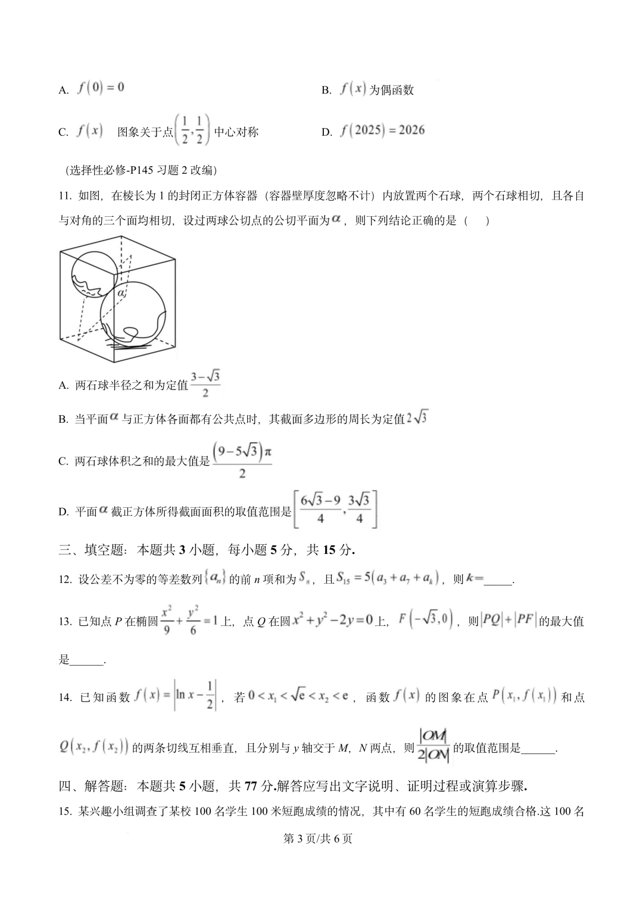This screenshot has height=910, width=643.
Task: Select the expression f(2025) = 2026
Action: (x=382, y=130)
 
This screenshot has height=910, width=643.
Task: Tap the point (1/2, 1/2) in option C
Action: (x=192, y=130)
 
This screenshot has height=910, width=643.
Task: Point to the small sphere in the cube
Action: (x=93, y=275)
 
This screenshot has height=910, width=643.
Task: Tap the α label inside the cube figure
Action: (x=121, y=293)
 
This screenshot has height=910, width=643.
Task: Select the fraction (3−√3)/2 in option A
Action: (x=205, y=384)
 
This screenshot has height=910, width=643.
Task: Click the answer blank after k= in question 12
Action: (x=498, y=579)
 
